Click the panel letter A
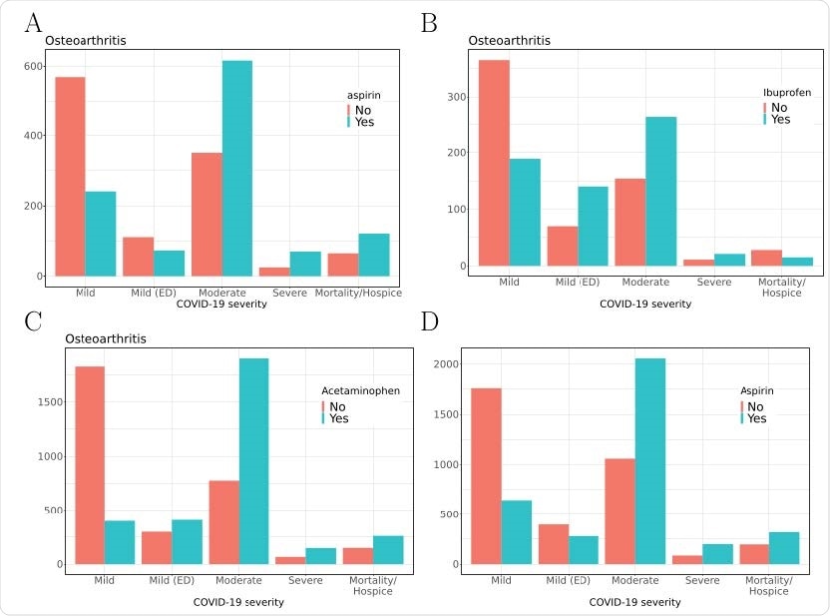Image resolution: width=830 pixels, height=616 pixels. [x=33, y=22]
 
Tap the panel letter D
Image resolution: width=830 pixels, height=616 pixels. [x=429, y=323]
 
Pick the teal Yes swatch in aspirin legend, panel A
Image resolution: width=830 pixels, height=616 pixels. [x=349, y=122]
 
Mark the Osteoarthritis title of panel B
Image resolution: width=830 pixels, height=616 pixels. [x=509, y=40]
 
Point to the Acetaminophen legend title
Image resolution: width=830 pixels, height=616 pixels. [x=360, y=390]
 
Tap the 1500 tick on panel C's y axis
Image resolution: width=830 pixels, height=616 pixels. [x=47, y=402]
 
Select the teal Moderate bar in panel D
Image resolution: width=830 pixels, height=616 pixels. [x=649, y=461]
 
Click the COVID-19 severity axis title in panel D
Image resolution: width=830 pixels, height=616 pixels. [x=634, y=602]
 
